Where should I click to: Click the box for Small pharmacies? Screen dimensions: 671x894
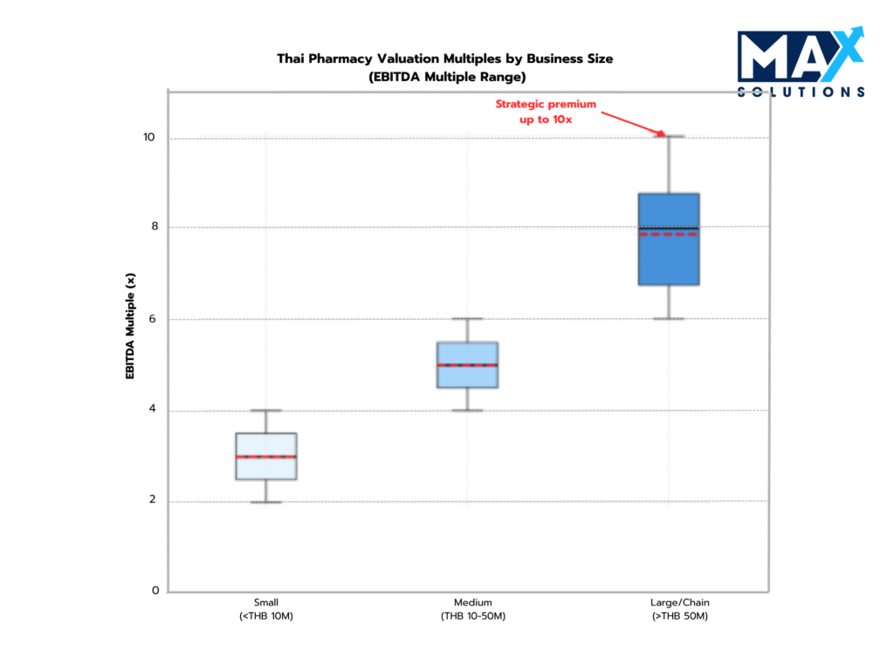266,456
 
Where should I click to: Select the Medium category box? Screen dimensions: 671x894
468,364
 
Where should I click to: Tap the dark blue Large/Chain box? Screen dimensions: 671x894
669,239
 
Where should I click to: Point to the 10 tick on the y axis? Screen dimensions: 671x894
150,138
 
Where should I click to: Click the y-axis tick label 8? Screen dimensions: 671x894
155,227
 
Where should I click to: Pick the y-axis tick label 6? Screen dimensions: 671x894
155,319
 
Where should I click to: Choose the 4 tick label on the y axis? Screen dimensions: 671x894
155,410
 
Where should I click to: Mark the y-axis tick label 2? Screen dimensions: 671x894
155,501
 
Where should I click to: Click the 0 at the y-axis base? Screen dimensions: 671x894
155,591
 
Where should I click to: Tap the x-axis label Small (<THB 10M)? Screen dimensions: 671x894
266,610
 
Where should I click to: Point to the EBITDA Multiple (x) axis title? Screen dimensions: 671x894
131,326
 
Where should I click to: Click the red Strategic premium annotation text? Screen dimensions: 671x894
546,111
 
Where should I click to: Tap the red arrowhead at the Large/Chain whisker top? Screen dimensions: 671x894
662,134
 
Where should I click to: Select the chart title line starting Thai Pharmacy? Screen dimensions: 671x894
445,59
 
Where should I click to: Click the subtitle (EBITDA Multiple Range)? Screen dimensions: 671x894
445,76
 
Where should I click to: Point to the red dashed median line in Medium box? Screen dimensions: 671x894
468,365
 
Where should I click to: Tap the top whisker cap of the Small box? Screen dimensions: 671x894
266,411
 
